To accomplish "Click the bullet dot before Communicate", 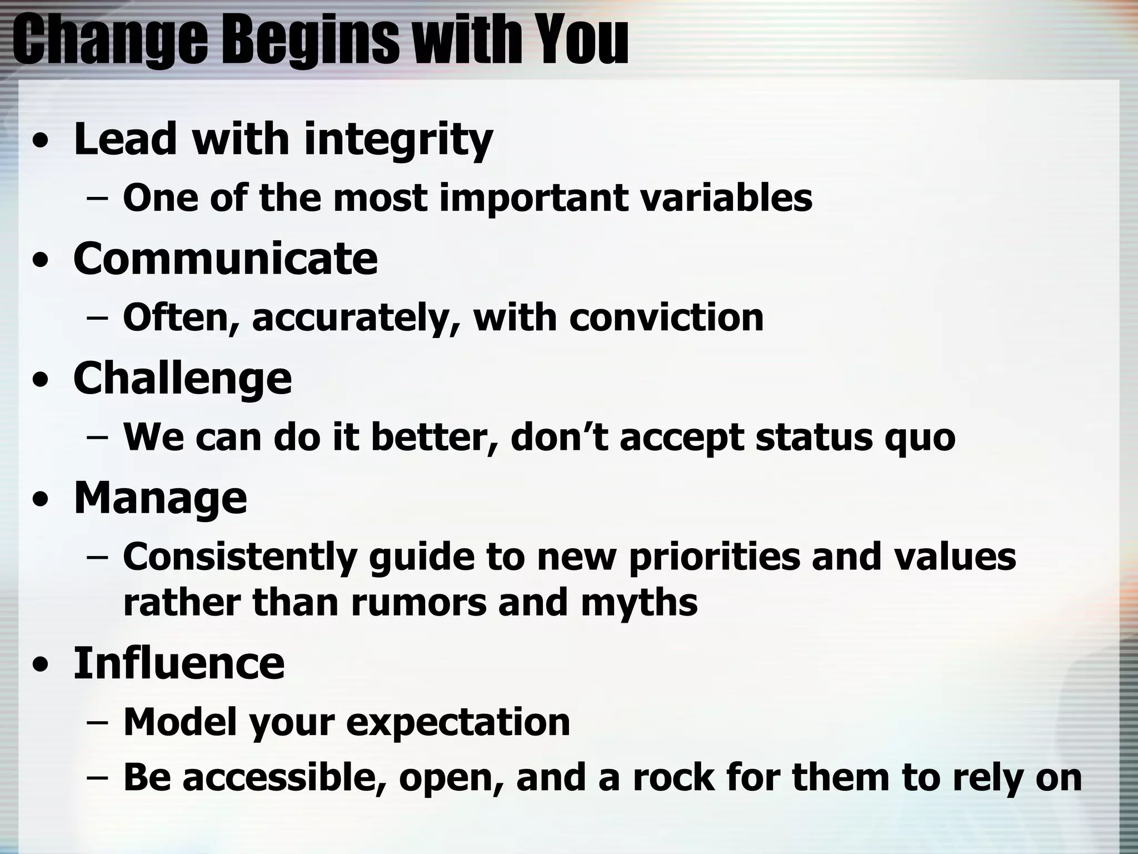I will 39,261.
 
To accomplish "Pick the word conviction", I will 666,317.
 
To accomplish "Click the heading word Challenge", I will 182,378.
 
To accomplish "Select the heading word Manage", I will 160,498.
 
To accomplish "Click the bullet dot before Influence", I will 39,665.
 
